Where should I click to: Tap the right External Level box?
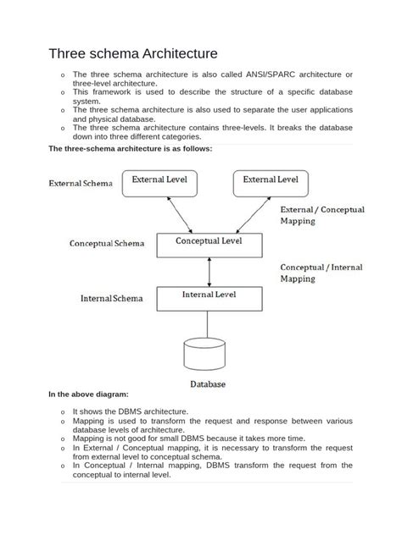[x=271, y=183]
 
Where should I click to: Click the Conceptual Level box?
[x=209, y=244]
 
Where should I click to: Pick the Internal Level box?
[x=209, y=298]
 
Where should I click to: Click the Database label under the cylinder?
[x=208, y=384]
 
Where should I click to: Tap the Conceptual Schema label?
[x=106, y=244]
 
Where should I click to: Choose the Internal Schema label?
[x=111, y=299]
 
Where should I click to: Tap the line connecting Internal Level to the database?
[x=209, y=323]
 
